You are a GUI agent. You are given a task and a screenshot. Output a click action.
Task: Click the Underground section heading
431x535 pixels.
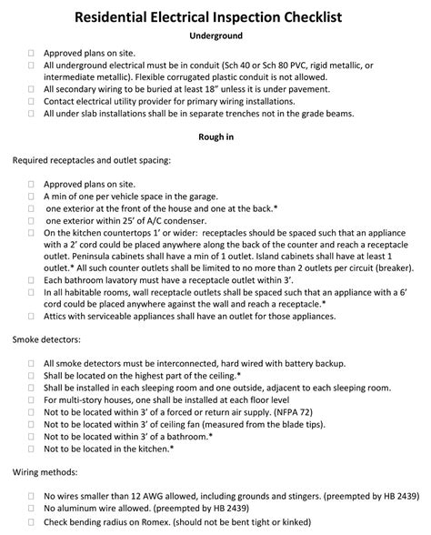pyautogui.click(x=215, y=35)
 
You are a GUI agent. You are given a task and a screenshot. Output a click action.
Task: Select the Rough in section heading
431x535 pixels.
pyautogui.click(x=215, y=137)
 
